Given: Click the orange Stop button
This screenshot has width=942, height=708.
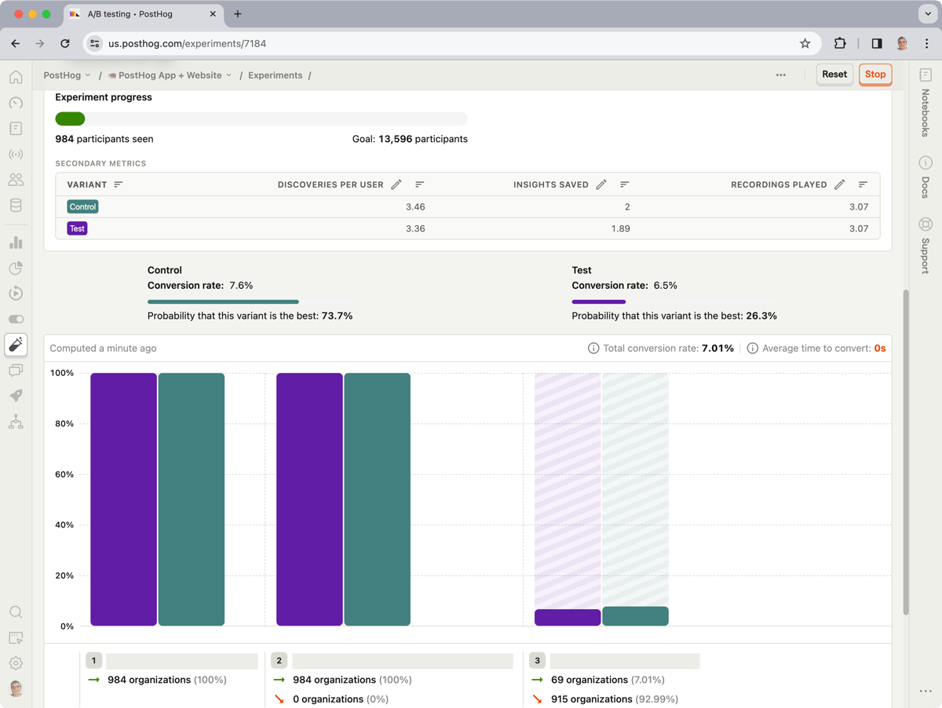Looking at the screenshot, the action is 875,75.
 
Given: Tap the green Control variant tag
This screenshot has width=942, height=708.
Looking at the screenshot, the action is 82,206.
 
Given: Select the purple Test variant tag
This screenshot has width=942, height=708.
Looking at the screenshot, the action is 77,228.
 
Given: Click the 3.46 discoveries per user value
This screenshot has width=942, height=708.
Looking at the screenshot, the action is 415,206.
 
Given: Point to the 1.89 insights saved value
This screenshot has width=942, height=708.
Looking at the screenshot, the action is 621,228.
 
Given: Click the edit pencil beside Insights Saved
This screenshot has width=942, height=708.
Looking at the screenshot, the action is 601,184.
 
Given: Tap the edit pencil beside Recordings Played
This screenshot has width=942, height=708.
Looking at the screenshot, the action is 840,184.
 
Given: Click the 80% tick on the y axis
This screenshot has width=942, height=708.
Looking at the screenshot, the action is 64,424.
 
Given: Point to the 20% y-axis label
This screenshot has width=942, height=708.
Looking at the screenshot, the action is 64,575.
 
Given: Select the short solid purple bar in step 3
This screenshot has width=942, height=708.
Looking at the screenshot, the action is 568,617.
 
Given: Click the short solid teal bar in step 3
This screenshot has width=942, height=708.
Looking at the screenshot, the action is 635,615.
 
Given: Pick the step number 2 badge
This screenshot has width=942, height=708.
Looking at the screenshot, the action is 279,660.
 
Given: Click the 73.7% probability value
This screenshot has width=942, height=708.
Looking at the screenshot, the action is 337,316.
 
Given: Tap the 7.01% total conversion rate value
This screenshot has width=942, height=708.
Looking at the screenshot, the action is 717,349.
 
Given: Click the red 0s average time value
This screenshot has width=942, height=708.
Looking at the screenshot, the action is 880,349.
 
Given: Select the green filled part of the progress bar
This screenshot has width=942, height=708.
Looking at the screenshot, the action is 70,119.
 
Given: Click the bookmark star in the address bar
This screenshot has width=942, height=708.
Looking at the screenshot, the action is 805,43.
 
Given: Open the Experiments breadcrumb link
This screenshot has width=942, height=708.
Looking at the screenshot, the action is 275,75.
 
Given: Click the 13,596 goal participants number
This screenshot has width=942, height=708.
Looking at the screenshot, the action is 396,139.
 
